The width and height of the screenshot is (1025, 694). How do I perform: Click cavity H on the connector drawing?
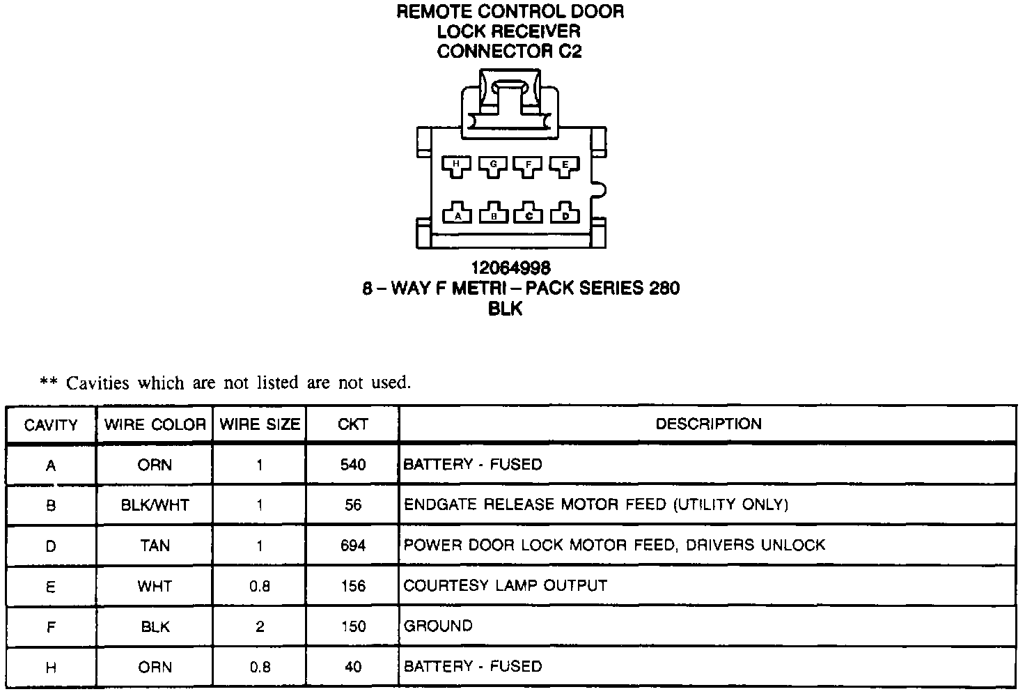(x=456, y=165)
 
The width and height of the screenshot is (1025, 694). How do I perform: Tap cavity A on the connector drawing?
(x=457, y=214)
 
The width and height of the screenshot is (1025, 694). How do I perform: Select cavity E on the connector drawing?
(x=565, y=165)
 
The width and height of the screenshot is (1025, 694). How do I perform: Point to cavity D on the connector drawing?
(x=565, y=214)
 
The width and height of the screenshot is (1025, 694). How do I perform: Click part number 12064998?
(x=510, y=268)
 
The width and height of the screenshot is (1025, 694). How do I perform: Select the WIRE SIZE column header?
(x=260, y=424)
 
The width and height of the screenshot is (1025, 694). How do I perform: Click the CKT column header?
(x=353, y=424)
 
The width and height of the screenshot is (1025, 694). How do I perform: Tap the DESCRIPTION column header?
(x=708, y=424)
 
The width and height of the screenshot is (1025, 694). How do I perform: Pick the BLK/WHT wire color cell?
(x=155, y=504)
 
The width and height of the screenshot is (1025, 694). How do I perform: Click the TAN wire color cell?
(x=155, y=545)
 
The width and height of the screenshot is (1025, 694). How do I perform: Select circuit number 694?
(x=353, y=545)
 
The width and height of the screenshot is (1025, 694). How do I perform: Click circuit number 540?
(x=353, y=465)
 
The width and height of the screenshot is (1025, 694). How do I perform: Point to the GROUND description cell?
(x=438, y=626)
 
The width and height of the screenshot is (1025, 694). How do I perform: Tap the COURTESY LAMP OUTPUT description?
(x=506, y=585)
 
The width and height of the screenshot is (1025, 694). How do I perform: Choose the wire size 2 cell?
(x=260, y=626)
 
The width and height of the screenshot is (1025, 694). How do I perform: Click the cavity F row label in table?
(x=51, y=626)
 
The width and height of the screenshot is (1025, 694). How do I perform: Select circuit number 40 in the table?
(x=353, y=667)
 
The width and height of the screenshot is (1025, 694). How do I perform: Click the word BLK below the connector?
(x=506, y=309)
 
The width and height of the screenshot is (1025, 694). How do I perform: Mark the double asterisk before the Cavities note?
(x=48, y=383)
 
